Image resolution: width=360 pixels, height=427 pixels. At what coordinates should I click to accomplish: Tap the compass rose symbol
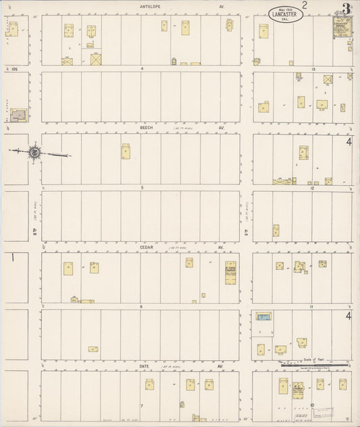(x=34, y=153)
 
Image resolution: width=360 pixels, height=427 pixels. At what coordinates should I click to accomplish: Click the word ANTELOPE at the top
(x=149, y=7)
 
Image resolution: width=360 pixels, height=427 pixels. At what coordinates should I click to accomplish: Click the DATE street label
(x=144, y=366)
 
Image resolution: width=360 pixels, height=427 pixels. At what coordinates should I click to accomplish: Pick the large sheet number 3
(x=346, y=9)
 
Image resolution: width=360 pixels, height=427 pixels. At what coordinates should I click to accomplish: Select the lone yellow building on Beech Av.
(x=126, y=151)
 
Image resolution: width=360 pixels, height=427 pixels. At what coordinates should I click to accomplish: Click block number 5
(x=142, y=187)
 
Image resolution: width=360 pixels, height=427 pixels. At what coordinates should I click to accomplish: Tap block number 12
(x=313, y=188)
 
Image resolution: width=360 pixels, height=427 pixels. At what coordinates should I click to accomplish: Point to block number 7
(x=141, y=406)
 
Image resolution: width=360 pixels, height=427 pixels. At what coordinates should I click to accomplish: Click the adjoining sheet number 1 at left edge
(x=12, y=257)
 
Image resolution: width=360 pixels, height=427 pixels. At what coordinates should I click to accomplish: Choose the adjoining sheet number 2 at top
(x=305, y=6)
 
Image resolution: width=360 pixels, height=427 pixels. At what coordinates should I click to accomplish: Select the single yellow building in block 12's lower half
(x=276, y=230)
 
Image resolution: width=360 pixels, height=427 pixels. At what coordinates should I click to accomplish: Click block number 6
(x=142, y=306)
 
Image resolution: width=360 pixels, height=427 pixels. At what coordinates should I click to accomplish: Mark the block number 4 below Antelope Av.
(x=142, y=69)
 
